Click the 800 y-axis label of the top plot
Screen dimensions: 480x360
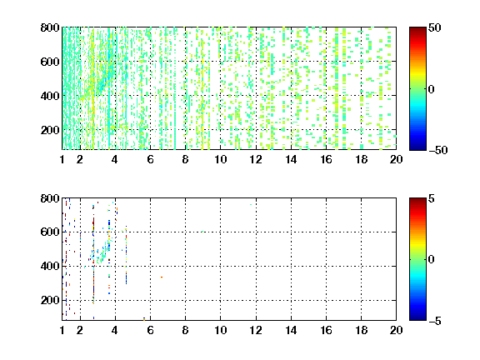(x=50, y=27)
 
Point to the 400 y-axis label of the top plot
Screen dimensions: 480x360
(x=50, y=96)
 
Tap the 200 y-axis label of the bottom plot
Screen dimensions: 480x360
(x=50, y=300)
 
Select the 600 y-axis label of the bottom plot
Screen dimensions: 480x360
(x=50, y=232)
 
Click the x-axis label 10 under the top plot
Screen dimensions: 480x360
(x=220, y=159)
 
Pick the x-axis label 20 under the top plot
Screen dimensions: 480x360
(x=396, y=159)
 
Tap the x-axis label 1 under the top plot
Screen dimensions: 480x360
(x=62, y=159)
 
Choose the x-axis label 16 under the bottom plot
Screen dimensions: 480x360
(x=326, y=330)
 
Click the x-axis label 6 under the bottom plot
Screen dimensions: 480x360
(x=150, y=330)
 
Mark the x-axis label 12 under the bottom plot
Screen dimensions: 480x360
(x=256, y=330)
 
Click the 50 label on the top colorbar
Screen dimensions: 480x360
(x=435, y=27)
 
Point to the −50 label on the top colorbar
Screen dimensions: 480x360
(x=438, y=150)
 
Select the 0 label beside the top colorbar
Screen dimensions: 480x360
(x=432, y=89)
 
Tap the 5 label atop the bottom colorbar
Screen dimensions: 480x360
(x=432, y=198)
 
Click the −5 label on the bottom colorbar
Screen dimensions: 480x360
(x=435, y=321)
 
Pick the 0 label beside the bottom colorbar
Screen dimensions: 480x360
(x=432, y=260)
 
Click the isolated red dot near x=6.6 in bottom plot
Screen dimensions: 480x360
(x=162, y=277)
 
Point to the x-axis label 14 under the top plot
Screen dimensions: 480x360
(x=291, y=159)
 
